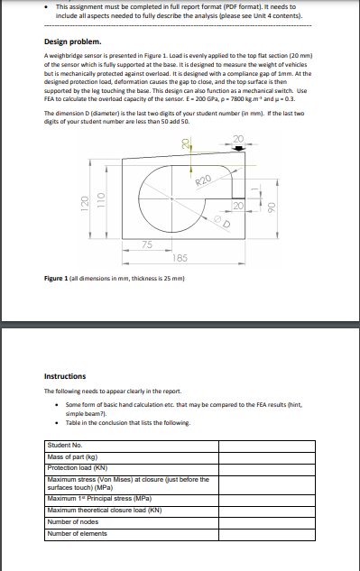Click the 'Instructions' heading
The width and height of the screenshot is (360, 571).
[65, 376]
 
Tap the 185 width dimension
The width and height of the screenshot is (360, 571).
[181, 258]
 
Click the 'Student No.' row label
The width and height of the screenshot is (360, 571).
[65, 445]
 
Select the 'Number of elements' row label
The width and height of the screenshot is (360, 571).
[79, 533]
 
